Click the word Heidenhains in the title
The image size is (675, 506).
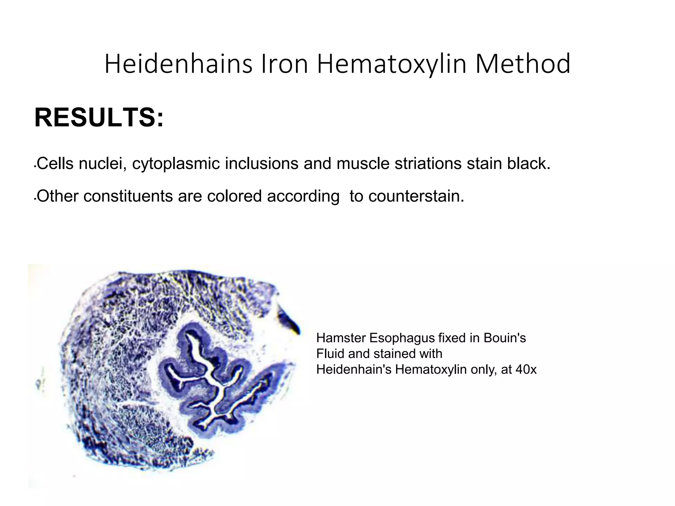(178, 64)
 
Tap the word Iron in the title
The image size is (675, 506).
(284, 64)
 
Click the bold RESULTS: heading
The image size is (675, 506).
(99, 118)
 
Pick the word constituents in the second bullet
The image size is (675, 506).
(128, 196)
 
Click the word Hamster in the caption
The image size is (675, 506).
(340, 338)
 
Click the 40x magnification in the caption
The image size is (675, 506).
(526, 370)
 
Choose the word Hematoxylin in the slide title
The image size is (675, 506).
(392, 65)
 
